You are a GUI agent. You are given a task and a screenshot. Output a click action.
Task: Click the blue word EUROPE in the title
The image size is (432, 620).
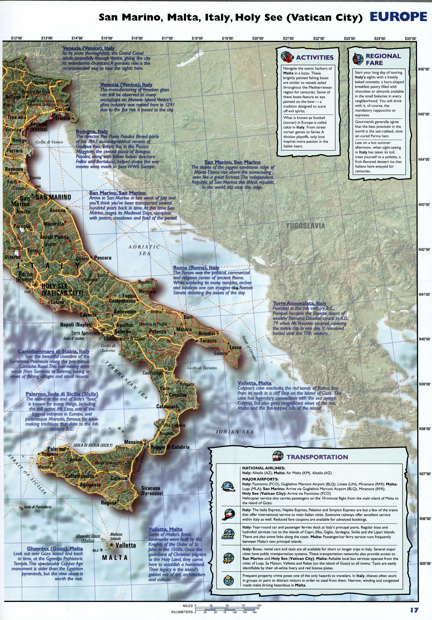pos(398,17)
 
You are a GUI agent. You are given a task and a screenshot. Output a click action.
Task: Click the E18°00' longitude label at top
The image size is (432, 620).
pos(197,38)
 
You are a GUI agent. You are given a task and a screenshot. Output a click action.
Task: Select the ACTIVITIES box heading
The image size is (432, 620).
pos(314,57)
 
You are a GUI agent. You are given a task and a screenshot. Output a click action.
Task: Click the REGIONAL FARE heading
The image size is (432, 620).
pos(383,60)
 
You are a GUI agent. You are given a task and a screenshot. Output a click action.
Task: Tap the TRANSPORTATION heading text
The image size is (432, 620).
pos(317,457)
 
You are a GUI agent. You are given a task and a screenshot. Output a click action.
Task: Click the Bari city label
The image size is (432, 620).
pos(188,317)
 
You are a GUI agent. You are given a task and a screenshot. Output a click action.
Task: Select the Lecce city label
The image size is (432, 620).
pos(235,347)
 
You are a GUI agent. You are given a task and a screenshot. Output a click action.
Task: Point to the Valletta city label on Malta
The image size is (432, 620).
pos(126,545)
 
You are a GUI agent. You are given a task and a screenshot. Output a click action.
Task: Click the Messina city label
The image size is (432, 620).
pos(133,442)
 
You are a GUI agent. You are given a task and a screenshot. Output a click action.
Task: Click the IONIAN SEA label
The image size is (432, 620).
pos(235,432)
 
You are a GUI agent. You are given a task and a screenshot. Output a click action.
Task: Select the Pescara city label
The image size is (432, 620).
pos(103,258)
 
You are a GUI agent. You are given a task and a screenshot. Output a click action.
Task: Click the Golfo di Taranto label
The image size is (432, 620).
pos(202,368)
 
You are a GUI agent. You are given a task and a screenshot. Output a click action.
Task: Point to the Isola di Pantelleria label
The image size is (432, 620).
pos(37,507)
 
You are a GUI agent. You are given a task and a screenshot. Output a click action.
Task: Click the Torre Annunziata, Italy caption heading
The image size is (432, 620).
pos(299,303)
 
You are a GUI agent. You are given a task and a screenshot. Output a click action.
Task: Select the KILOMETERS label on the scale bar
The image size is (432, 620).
pos(182,612)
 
